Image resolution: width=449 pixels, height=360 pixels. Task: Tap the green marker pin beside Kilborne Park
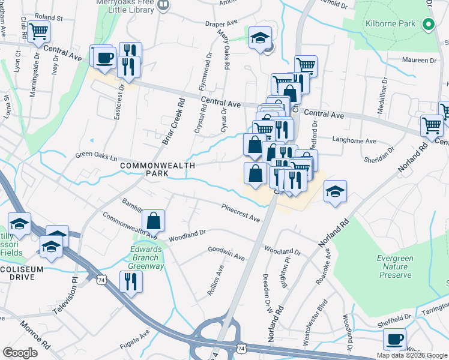428,25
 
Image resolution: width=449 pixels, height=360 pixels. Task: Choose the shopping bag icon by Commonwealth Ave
154,220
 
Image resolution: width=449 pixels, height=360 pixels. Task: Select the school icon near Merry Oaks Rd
260,37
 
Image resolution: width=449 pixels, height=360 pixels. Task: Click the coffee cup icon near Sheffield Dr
394,339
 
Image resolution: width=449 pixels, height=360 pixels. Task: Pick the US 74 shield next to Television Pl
101,278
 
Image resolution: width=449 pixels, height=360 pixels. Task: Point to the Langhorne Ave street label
354,142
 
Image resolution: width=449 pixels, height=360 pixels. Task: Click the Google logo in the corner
20,352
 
